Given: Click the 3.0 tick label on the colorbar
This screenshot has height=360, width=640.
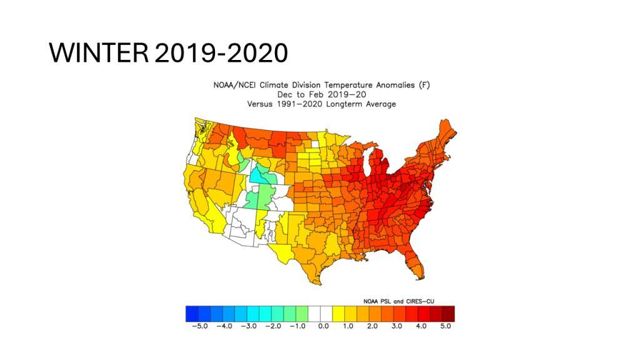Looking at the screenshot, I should click(396, 326).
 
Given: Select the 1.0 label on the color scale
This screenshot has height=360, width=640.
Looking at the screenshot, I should click(347, 326).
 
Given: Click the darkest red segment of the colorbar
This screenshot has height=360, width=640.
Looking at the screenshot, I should click(449, 312).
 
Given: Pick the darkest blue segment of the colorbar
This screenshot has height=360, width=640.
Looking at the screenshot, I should click(192, 312).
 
